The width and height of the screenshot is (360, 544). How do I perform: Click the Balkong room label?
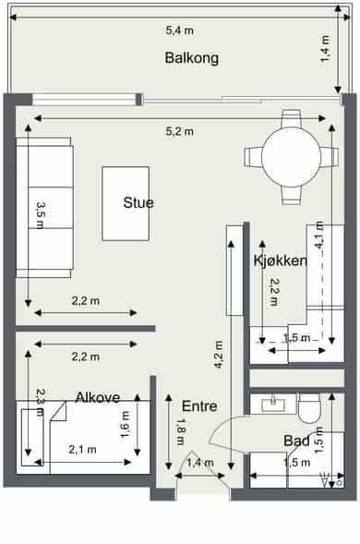(x=191, y=58)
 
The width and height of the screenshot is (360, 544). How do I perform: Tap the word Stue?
(x=138, y=202)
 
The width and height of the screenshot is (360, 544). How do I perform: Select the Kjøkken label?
(x=281, y=260)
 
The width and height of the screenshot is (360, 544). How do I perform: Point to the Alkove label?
(x=98, y=397)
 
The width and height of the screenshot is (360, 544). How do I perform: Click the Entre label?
(x=199, y=406)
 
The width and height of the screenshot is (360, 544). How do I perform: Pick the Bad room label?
(x=296, y=441)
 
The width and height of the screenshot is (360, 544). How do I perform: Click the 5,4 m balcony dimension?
(x=179, y=30)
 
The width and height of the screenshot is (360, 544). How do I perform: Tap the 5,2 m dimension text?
(x=179, y=131)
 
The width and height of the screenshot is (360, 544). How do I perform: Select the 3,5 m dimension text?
(x=41, y=215)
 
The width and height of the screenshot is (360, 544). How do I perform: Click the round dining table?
(x=292, y=157)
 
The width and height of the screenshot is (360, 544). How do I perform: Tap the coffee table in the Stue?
(x=126, y=203)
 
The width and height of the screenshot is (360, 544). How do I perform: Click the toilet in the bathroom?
(x=310, y=408)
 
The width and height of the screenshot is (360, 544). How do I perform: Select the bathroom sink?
(x=273, y=405)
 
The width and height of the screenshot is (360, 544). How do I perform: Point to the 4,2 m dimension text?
(x=218, y=355)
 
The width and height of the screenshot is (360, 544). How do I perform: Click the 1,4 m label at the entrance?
(x=200, y=463)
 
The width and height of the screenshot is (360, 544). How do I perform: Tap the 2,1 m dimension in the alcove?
(x=82, y=450)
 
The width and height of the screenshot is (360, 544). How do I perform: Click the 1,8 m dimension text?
(x=181, y=432)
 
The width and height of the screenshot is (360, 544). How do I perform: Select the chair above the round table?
(x=291, y=118)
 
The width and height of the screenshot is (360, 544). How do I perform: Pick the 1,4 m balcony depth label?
(x=325, y=49)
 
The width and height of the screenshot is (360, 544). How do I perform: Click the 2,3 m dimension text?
(x=41, y=403)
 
